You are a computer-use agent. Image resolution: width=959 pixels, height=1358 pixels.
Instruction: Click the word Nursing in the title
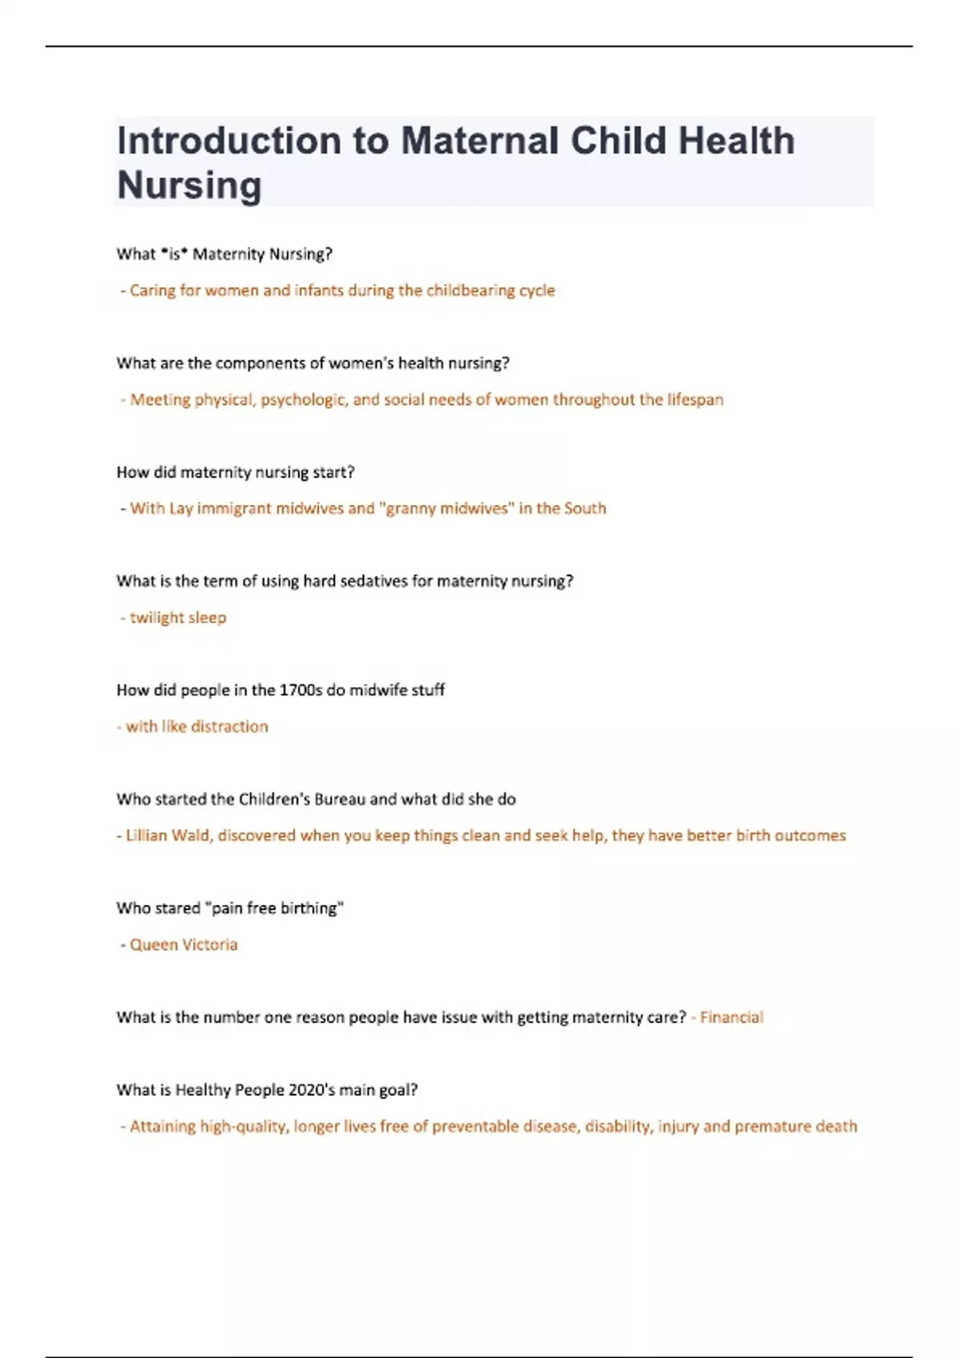tap(189, 185)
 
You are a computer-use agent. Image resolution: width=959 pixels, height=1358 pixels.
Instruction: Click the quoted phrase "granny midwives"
tap(449, 509)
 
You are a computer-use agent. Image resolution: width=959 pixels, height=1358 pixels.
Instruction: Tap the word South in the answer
tap(585, 509)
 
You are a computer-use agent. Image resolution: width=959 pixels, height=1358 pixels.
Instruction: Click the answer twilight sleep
tap(177, 617)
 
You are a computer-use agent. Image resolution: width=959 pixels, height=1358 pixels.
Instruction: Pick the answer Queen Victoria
tap(183, 945)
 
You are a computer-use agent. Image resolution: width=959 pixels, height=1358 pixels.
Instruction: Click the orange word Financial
tap(731, 1018)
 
